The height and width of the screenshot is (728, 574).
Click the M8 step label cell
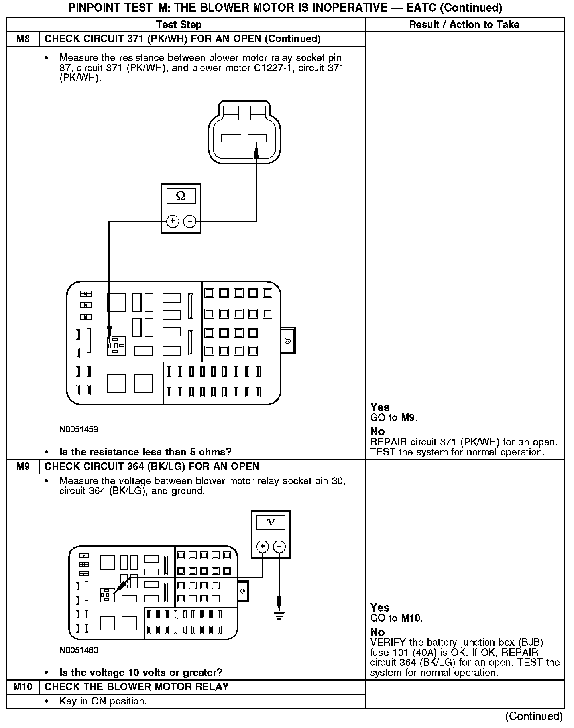(x=23, y=39)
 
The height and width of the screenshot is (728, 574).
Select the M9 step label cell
(x=23, y=466)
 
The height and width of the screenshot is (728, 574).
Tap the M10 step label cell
(x=23, y=687)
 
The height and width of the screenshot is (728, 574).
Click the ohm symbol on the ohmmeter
(x=181, y=196)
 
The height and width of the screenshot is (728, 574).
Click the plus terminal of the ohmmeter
(x=173, y=221)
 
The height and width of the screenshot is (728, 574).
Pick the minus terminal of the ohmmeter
(x=189, y=221)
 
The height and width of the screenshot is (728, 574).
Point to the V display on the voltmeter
(x=271, y=522)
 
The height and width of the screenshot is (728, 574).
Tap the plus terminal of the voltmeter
(x=262, y=546)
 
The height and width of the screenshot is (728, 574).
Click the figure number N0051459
(x=79, y=429)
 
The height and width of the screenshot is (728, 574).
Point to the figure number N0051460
(x=79, y=650)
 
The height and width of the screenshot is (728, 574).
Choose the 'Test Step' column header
(x=179, y=24)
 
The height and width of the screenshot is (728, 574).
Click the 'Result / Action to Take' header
(x=464, y=24)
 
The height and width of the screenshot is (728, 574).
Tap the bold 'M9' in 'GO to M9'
(x=408, y=418)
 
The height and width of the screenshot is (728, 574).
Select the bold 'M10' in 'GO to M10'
(x=411, y=618)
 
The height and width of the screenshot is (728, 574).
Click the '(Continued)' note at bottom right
(x=534, y=716)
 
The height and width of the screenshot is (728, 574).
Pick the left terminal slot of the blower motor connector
(x=231, y=138)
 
